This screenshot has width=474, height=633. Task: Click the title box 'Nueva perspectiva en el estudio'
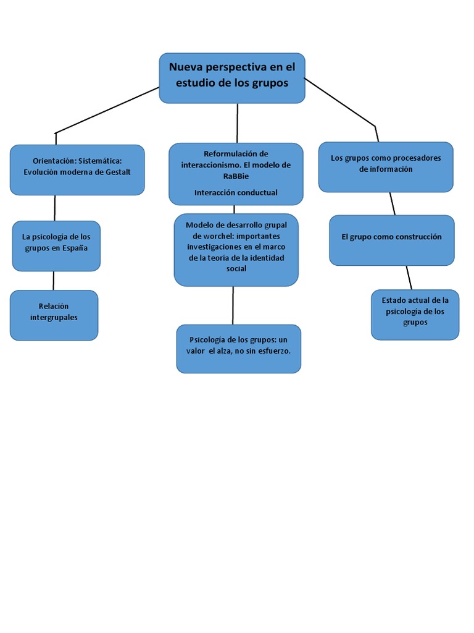(x=232, y=78)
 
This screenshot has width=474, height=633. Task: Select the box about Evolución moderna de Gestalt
(x=77, y=170)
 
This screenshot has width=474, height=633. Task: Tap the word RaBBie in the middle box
(x=236, y=176)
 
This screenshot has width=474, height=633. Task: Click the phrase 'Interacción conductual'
(x=236, y=193)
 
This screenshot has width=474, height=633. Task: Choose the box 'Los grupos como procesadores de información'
(x=386, y=167)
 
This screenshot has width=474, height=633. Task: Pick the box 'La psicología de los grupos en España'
(x=56, y=246)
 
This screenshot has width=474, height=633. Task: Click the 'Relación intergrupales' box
(x=54, y=315)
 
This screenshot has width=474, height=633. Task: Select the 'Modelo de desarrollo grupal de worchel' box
(x=236, y=250)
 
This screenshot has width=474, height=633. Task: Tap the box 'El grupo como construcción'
(x=392, y=240)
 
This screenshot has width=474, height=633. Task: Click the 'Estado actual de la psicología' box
(x=415, y=315)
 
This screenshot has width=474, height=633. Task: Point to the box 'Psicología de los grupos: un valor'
(x=239, y=349)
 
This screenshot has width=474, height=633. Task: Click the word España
(x=75, y=249)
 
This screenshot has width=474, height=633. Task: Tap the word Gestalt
(x=118, y=172)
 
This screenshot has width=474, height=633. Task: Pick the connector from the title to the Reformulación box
(x=237, y=123)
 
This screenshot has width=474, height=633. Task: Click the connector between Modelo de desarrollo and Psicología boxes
(x=233, y=305)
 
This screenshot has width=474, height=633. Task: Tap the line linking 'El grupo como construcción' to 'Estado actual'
(x=409, y=278)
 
